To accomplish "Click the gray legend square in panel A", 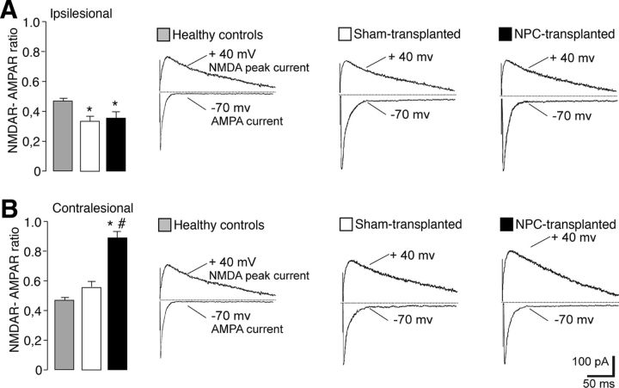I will click(x=162, y=35).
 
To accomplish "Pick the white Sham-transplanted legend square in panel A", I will click(x=345, y=35).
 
